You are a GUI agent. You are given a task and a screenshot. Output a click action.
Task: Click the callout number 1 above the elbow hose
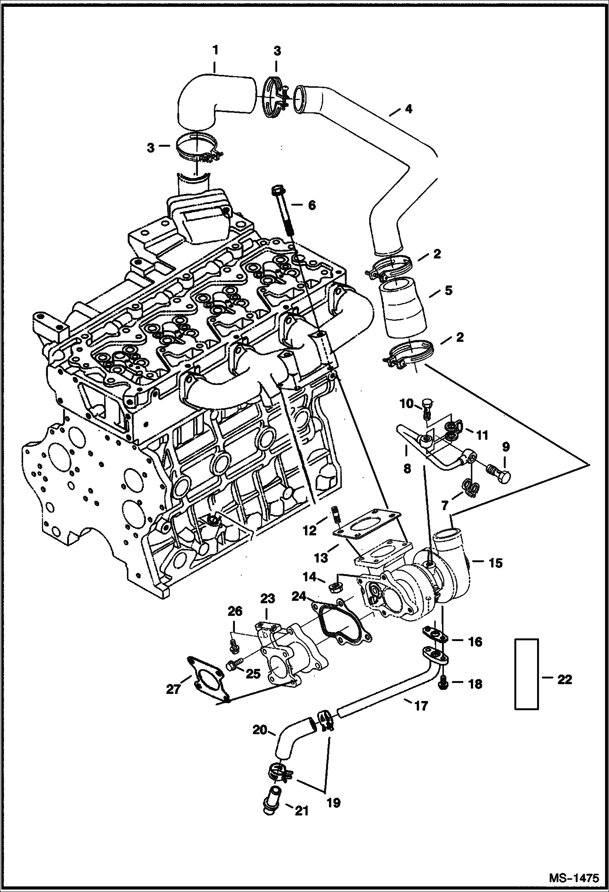click(x=215, y=50)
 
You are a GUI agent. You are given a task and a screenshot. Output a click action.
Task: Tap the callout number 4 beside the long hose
click(x=408, y=109)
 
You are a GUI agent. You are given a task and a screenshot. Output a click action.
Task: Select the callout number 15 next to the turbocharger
click(x=495, y=563)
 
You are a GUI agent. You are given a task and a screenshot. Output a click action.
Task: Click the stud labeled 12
click(x=336, y=512)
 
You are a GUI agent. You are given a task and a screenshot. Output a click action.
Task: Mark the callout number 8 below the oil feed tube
click(x=407, y=468)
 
